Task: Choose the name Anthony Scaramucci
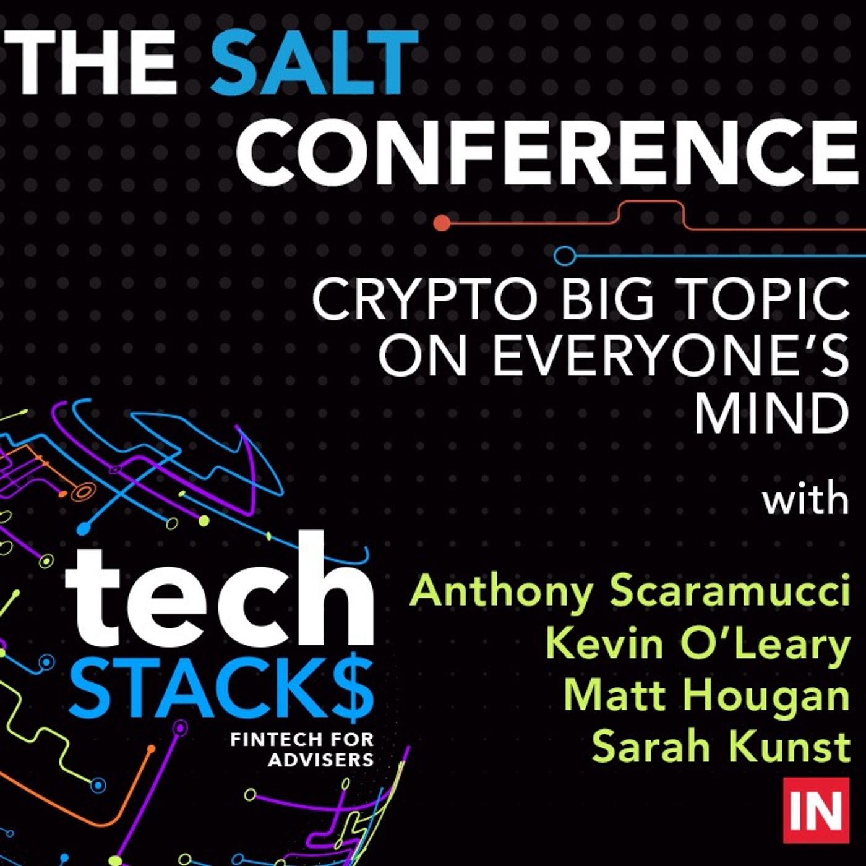[629, 593]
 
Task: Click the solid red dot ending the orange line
[442, 222]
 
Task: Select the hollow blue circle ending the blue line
[565, 255]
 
